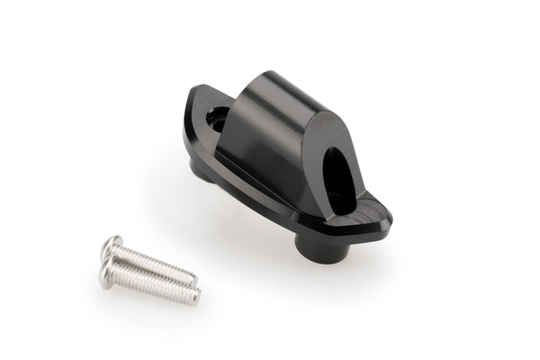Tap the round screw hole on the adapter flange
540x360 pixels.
coord(218,117)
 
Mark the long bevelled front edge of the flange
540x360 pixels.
coord(261,198)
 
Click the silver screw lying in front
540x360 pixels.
coord(148,283)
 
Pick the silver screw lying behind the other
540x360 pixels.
coord(153,261)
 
